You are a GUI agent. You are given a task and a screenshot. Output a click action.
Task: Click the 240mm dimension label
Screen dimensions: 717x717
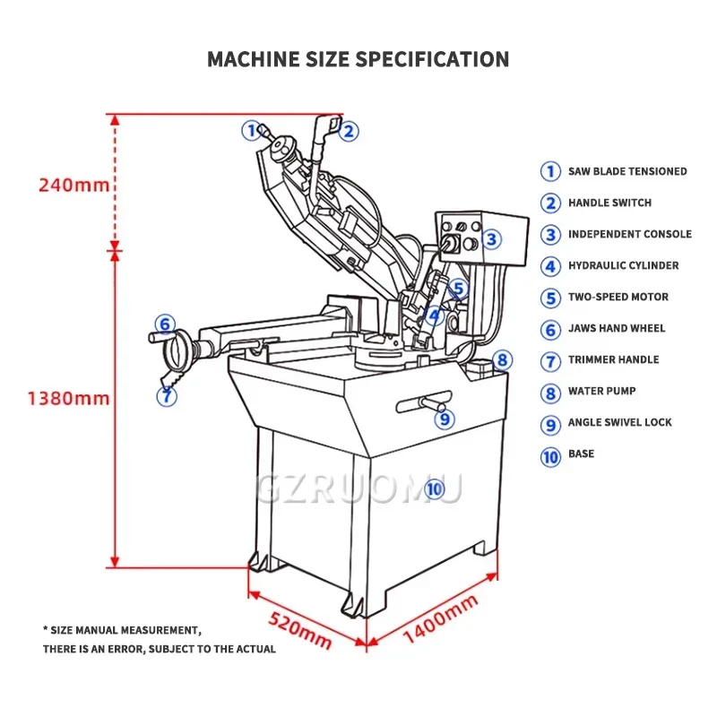click(73, 186)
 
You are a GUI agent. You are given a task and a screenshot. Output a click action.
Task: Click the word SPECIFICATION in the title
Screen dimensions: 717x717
click(433, 60)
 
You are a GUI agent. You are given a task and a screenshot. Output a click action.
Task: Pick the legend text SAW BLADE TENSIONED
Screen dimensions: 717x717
click(627, 171)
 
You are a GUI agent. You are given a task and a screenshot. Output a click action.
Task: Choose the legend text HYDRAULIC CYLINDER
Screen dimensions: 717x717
click(623, 265)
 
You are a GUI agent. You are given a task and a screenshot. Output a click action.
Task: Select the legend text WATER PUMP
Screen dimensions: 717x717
click(601, 391)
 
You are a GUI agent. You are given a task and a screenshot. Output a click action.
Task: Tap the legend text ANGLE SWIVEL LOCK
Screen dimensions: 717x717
click(619, 422)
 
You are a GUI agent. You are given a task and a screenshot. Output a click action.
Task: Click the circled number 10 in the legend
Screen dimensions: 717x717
click(550, 455)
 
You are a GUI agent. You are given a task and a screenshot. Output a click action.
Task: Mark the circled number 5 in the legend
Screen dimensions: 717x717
click(550, 298)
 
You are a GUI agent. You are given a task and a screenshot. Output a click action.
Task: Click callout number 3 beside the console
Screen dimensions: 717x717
click(491, 239)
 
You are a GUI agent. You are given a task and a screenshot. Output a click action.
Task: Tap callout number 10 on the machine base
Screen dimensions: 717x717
click(434, 488)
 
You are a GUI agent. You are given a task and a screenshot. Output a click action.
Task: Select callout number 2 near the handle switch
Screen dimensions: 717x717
click(350, 132)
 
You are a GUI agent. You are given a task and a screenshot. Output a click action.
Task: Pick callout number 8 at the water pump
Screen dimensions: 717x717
click(502, 359)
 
